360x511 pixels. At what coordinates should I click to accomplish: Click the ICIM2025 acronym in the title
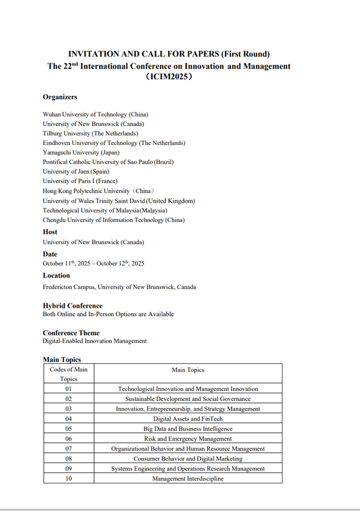coord(168,78)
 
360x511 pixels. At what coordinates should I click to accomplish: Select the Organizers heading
coord(60,97)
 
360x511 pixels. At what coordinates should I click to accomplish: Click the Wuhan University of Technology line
coord(95,114)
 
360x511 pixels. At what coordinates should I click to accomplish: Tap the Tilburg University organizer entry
coord(90,133)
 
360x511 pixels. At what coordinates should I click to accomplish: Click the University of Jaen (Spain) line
coord(80,172)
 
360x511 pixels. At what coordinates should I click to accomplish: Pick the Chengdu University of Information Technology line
coord(114,220)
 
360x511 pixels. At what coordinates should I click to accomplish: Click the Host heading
coord(50,232)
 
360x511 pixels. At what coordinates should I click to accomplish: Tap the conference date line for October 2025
coord(93,264)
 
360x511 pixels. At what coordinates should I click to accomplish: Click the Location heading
coord(56,275)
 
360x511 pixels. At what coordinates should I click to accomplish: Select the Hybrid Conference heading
coord(73,306)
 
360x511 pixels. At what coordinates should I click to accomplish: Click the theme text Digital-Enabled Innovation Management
coord(95,341)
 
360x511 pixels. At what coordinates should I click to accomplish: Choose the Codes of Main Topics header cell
coord(69,374)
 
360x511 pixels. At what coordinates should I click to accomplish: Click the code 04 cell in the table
coord(69,419)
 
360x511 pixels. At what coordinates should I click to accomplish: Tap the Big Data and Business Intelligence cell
coord(188,429)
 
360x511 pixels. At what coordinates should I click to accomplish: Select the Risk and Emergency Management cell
coord(188,438)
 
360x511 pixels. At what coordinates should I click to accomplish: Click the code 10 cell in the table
coord(69,478)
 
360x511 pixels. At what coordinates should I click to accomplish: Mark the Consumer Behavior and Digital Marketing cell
coord(188,458)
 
